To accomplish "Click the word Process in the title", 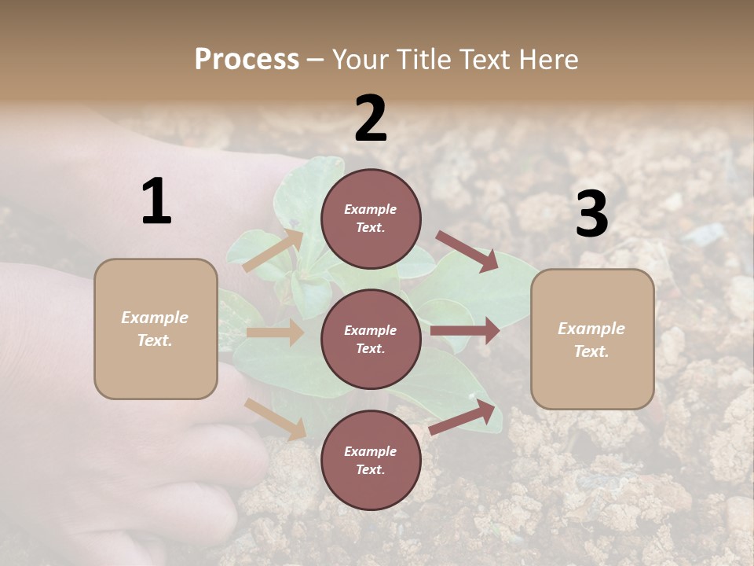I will tap(247, 60).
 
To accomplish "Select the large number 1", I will tap(156, 202).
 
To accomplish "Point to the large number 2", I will tap(371, 119).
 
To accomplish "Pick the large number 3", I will tap(591, 215).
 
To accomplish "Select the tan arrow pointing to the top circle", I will tap(273, 251).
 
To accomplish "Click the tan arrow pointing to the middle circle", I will tap(275, 333).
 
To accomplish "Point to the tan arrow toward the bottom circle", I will tap(276, 419).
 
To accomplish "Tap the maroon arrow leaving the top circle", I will tap(467, 251).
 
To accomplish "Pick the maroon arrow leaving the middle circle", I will tap(465, 330).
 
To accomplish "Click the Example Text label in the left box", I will tap(155, 329).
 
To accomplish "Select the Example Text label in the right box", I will tap(591, 340).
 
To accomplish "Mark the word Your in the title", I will tap(362, 60).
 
